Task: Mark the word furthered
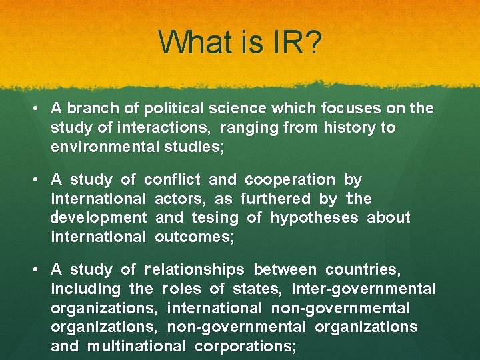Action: click(x=275, y=199)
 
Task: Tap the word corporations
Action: click(x=245, y=346)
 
